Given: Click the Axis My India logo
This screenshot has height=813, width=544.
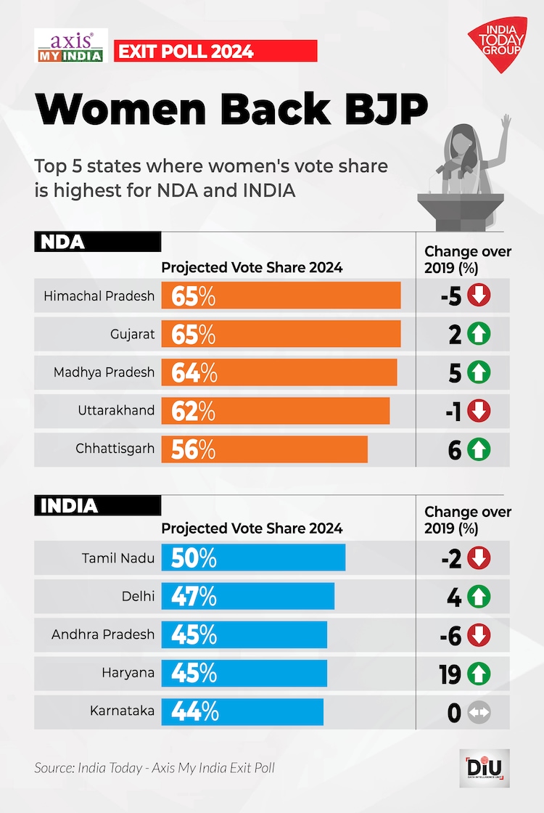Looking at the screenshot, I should point(71,45).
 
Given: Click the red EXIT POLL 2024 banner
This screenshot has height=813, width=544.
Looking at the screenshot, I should point(215,51).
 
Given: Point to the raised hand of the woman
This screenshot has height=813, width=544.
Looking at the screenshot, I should point(506,123).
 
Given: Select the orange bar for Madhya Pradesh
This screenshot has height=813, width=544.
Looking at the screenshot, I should point(279,372).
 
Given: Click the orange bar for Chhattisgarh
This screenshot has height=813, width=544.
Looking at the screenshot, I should point(265,449).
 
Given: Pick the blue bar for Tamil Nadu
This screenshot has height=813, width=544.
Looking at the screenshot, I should point(254,557).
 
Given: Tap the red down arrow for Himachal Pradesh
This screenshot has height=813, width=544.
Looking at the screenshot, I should point(479,295).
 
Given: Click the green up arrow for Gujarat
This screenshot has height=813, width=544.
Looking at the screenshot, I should point(479,334).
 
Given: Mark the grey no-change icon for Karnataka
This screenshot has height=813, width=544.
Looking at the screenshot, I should point(479,713).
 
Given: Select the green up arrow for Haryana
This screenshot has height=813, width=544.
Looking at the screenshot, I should point(479,674).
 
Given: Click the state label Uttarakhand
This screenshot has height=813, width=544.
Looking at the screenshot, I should point(116,410).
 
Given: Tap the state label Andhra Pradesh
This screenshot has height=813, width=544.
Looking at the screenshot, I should point(103,634).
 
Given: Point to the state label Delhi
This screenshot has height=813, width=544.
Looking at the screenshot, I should point(138,596).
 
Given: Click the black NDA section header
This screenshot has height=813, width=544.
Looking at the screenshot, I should point(97,242).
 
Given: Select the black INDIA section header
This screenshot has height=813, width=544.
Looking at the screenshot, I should point(97,505).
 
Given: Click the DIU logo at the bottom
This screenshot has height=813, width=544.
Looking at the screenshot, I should point(487,767).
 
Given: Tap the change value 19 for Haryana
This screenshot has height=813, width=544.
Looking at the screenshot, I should point(450,674).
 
